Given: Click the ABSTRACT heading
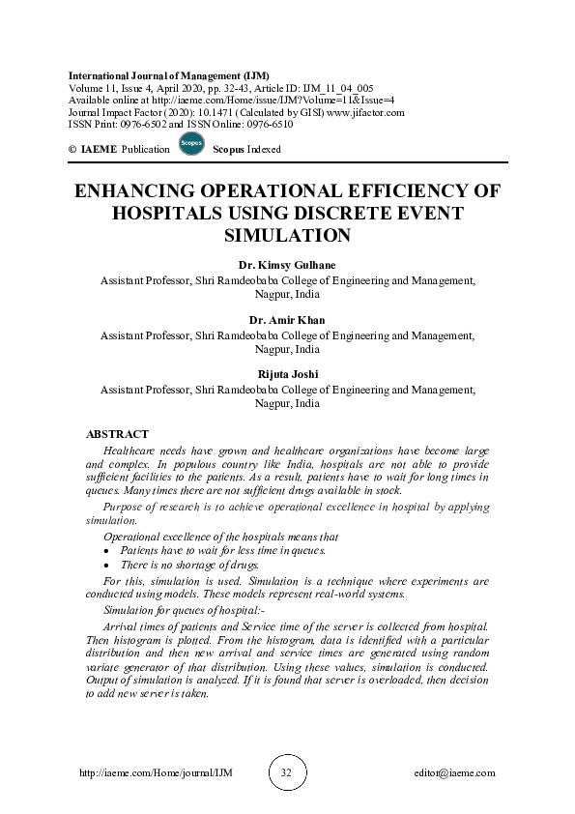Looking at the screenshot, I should (118, 434).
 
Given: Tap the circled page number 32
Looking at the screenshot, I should (286, 772).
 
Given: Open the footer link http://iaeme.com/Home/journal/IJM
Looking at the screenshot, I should (154, 773).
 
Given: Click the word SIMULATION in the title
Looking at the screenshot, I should (287, 234).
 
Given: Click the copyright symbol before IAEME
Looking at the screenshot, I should (72, 150).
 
